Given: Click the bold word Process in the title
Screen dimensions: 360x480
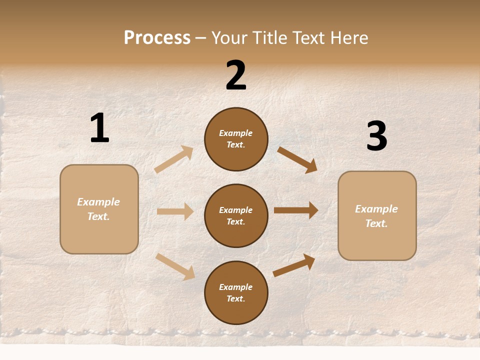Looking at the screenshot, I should pyautogui.click(x=157, y=38).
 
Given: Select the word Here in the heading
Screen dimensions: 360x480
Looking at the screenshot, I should pyautogui.click(x=348, y=38).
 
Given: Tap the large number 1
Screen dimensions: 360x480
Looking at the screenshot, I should pyautogui.click(x=99, y=128).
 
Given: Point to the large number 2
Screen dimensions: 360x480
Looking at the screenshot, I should pyautogui.click(x=236, y=75).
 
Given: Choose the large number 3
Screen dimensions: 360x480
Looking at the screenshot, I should pyautogui.click(x=376, y=136).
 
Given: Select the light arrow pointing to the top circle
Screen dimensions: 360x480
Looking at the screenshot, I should pyautogui.click(x=174, y=159).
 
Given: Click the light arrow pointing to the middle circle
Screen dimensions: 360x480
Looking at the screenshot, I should pyautogui.click(x=175, y=211).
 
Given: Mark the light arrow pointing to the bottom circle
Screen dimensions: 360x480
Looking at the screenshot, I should pyautogui.click(x=175, y=266).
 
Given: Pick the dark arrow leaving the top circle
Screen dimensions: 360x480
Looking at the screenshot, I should pyautogui.click(x=297, y=159).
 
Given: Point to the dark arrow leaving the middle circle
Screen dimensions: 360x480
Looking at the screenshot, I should pyautogui.click(x=296, y=210).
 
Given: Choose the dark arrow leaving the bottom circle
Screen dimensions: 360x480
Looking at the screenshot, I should pyautogui.click(x=294, y=265).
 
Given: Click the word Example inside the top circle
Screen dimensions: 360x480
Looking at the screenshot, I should pyautogui.click(x=236, y=133).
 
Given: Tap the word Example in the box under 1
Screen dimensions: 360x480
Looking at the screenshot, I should pyautogui.click(x=98, y=202).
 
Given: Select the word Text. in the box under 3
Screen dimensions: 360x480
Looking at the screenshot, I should pyautogui.click(x=376, y=223).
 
